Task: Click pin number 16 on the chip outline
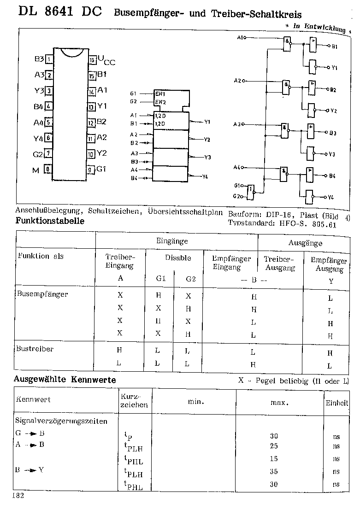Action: click(93, 59)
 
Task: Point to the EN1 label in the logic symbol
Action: click(159, 94)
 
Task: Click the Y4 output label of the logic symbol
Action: click(205, 177)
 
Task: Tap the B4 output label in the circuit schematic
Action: click(332, 176)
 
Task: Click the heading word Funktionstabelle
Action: click(50, 221)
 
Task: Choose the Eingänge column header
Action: click(172, 241)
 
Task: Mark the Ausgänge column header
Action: click(305, 243)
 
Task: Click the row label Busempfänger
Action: click(42, 294)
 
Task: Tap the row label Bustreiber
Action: click(35, 349)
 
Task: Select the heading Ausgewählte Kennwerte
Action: click(65, 380)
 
